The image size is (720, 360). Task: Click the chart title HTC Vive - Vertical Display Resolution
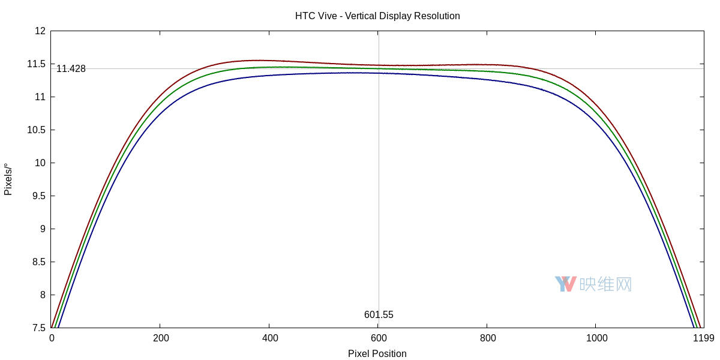377,16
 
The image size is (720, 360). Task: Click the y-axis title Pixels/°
8,179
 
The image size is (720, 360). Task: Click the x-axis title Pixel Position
377,353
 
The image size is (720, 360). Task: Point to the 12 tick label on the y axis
40,31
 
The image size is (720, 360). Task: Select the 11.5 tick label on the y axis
37,64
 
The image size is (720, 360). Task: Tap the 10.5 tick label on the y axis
37,130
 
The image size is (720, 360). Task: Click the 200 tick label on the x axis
160,338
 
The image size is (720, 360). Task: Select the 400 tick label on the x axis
269,338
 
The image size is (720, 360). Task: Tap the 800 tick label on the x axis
488,338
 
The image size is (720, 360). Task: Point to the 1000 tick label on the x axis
596,338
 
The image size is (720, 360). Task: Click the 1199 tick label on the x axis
703,338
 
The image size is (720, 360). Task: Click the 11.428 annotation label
71,69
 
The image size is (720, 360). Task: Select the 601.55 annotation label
379,315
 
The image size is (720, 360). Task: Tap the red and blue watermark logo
565,284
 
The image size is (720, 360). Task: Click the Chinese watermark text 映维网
605,284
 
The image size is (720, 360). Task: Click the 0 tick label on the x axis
52,338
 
